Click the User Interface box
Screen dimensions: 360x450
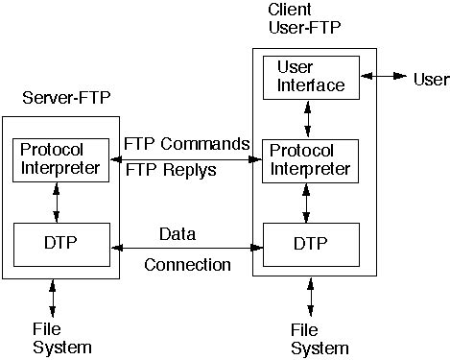[309, 77]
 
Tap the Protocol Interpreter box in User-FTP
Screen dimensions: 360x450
[309, 160]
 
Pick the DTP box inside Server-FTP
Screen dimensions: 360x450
[59, 244]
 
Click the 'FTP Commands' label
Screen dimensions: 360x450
[187, 143]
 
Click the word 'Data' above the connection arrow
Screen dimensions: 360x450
[178, 234]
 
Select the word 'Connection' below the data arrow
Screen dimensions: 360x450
[187, 264]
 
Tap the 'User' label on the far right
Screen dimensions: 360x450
[431, 79]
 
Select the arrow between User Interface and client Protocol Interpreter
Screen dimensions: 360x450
[307, 118]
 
